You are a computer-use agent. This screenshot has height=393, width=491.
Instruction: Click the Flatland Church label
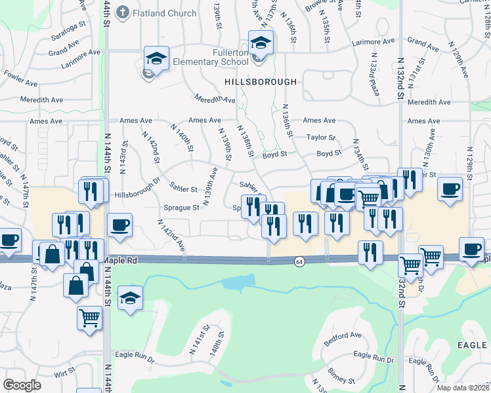point(165,13)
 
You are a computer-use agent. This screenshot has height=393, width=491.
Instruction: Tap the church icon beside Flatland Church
point(122,13)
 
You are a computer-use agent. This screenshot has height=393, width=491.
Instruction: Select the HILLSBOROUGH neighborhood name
point(261,82)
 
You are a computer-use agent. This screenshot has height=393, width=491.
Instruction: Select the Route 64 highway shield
point(299,261)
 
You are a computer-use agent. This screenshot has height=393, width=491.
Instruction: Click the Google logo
point(22,385)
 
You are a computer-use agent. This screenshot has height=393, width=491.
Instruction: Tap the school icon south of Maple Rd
point(131,299)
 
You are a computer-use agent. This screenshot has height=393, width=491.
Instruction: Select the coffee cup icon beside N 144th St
point(119,226)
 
